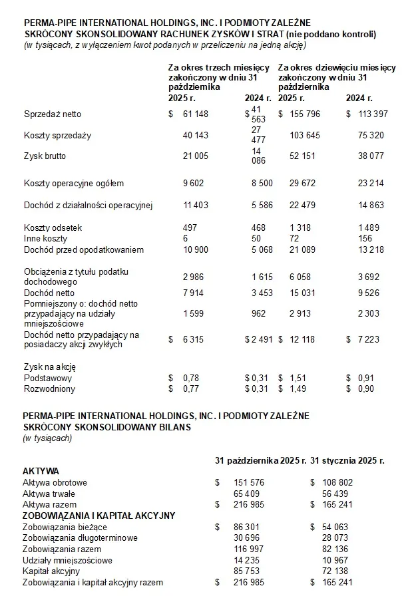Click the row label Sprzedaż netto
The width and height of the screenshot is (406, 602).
tap(52, 114)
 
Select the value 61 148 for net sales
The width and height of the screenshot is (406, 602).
tap(196, 114)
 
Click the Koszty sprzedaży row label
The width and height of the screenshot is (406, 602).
tap(57, 136)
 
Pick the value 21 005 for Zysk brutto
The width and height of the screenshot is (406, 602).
tap(196, 156)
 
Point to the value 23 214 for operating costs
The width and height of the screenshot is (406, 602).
tap(371, 184)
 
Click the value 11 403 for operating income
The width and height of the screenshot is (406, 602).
tap(196, 206)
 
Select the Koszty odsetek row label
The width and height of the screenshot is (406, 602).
tap(53, 227)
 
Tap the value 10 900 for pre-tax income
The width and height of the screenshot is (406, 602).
tap(196, 249)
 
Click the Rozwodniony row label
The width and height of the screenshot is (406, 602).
tap(50, 388)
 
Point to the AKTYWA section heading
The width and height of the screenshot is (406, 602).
tap(41, 471)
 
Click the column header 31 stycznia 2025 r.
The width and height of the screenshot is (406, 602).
tap(347, 460)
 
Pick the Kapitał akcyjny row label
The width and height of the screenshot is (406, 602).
tap(51, 571)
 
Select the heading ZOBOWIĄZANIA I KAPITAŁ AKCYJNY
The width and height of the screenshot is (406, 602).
tap(99, 515)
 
